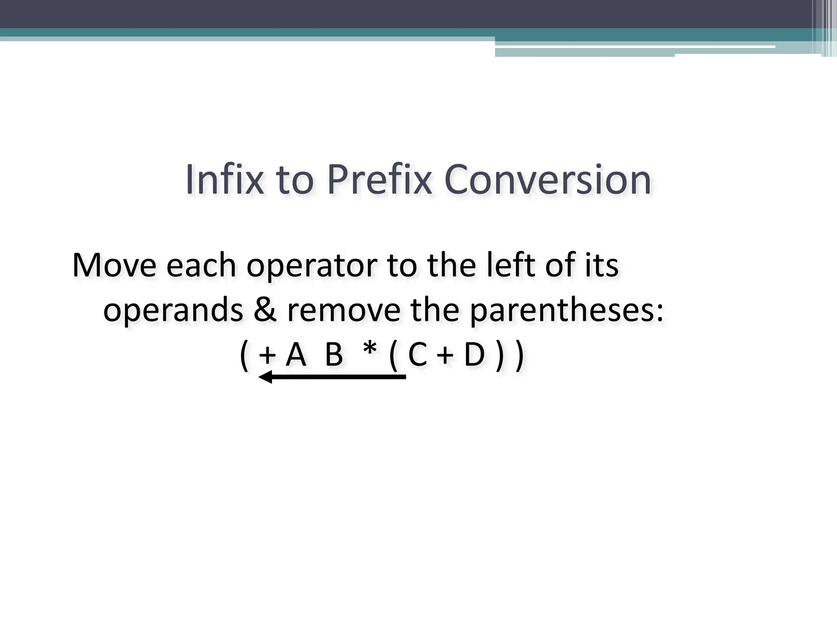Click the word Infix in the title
(x=224, y=180)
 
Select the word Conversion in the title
(x=547, y=180)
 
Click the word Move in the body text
(x=114, y=265)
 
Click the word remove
(x=343, y=311)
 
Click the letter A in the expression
(x=296, y=355)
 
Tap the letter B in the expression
(x=333, y=355)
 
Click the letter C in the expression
(x=417, y=355)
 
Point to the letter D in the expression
(x=474, y=355)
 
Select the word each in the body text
(x=201, y=265)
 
